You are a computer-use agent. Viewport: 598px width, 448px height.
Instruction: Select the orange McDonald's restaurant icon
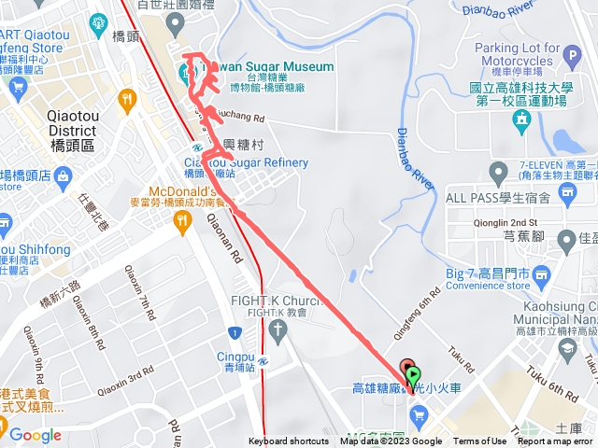coord(182,219)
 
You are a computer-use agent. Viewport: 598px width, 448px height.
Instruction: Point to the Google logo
coord(36,435)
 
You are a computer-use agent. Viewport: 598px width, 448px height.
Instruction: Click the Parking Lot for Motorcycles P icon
coord(573,56)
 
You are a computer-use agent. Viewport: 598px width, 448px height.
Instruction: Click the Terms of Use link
coord(479,441)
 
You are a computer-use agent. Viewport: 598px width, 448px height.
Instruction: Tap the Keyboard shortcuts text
coord(289,441)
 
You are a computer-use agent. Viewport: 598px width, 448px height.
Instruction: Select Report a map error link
coord(555,441)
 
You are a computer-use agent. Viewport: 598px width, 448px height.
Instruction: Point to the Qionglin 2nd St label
coord(505,222)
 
